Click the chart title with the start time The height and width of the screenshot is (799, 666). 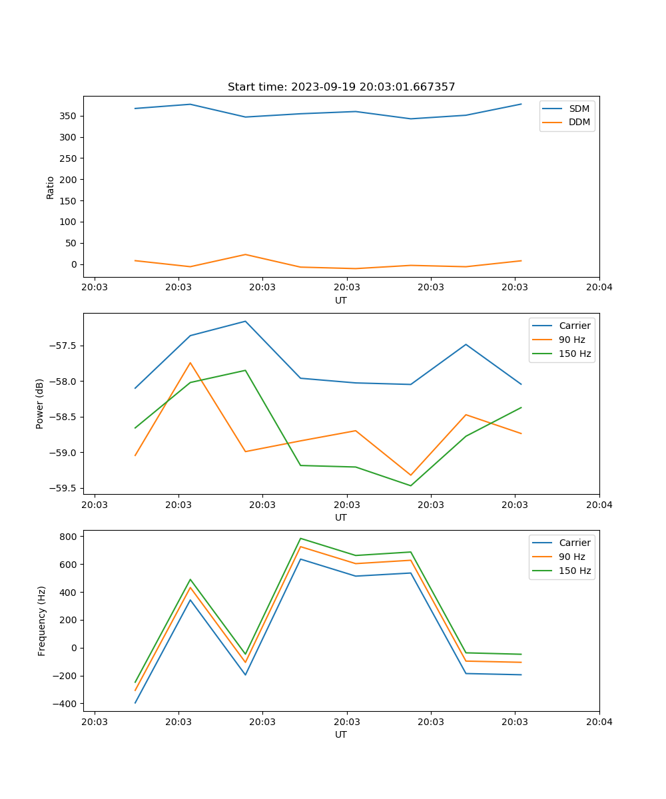point(341,87)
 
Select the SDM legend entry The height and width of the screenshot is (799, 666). point(579,109)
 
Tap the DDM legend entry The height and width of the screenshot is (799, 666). point(579,122)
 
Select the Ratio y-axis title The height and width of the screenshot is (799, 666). point(51,187)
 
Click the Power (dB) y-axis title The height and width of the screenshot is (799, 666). point(40,403)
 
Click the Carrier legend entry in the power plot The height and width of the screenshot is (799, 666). point(574,326)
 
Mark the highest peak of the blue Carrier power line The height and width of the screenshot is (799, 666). point(245,321)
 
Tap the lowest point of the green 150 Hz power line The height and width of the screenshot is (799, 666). point(410,485)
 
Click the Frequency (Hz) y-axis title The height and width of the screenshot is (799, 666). point(42,621)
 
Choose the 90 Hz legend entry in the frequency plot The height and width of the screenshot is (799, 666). point(571,557)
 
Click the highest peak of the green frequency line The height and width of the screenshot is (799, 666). point(300,538)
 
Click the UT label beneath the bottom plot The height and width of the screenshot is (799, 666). point(341,734)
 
